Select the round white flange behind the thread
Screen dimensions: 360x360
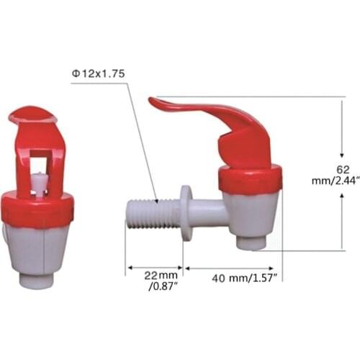click(186, 212)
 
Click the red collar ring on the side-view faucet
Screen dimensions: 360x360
click(251, 178)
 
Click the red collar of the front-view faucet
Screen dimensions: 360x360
click(37, 207)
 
